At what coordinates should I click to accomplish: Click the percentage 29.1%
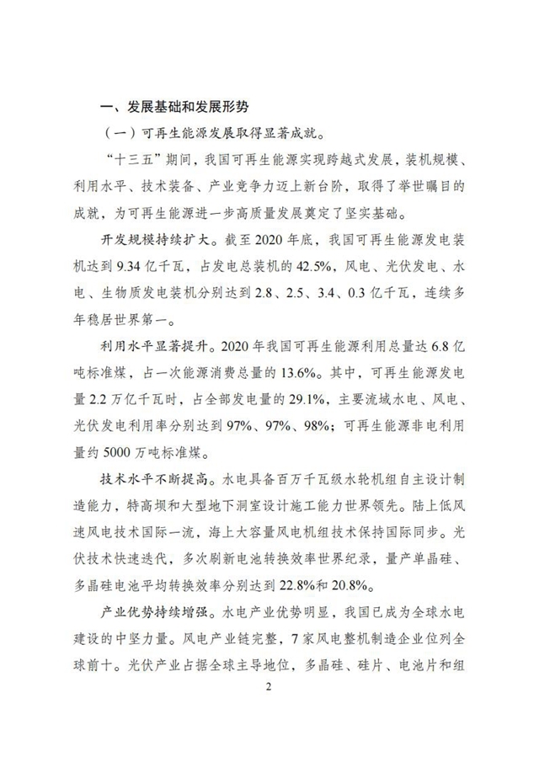tap(309, 398)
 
